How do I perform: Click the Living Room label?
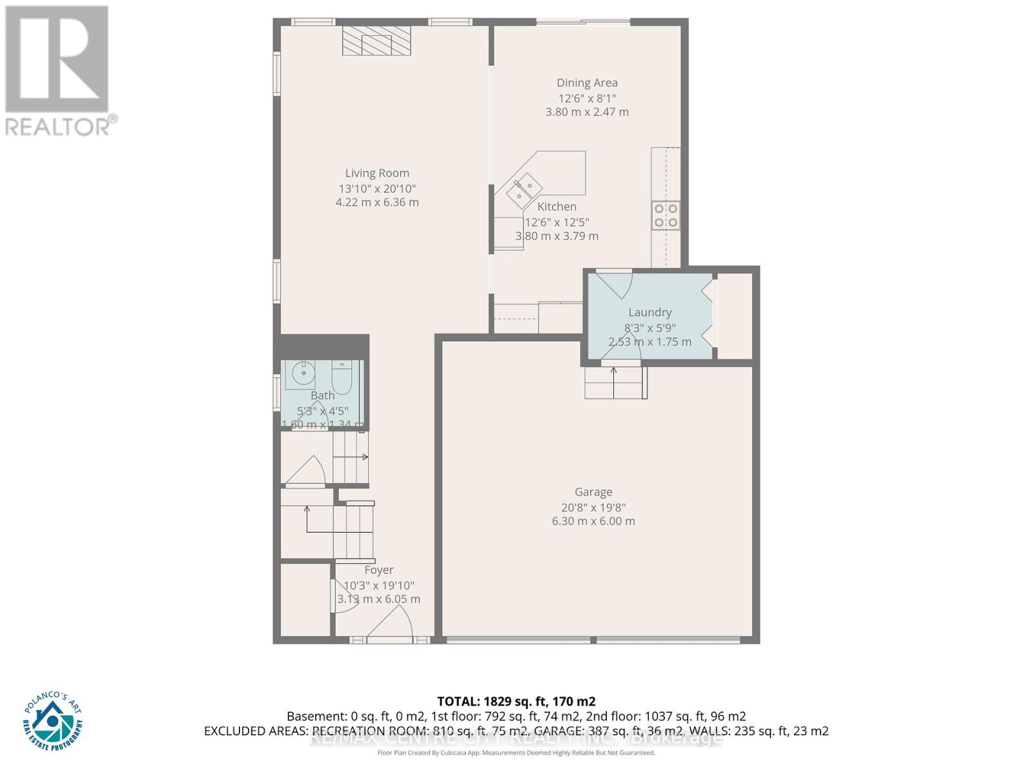[x=377, y=173]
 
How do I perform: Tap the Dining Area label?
[x=587, y=83]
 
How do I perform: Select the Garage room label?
[x=593, y=492]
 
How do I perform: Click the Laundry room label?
[x=649, y=312]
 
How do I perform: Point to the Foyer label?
[x=378, y=570]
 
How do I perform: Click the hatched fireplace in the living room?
[x=376, y=42]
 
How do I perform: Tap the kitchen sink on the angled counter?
[x=524, y=188]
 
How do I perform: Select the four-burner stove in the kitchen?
[x=666, y=215]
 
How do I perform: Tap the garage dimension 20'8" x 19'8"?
[x=593, y=508]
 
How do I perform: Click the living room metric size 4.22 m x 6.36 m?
[x=377, y=203]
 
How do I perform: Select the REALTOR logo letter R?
[x=57, y=59]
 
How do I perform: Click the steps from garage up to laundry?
[x=615, y=382]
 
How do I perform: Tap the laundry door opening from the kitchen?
[x=613, y=281]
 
